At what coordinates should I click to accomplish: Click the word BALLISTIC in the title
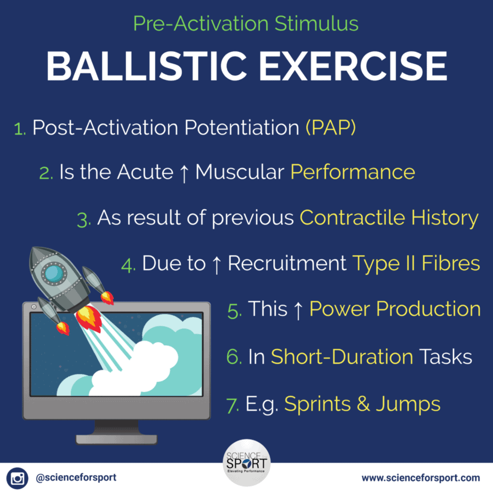tap(147, 66)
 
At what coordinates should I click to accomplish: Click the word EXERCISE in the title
tap(353, 66)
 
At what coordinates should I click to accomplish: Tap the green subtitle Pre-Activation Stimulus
tap(245, 23)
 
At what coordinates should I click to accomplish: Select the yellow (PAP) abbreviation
tap(331, 128)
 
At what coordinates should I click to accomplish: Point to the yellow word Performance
tap(353, 172)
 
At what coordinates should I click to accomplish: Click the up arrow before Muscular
tap(184, 173)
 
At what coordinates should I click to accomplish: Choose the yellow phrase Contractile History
tap(389, 218)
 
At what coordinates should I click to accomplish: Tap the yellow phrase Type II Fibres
tap(416, 264)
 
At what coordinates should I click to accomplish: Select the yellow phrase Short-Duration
tap(342, 357)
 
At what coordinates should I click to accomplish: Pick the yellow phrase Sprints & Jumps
tap(362, 404)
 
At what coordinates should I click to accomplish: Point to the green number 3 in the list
tap(84, 220)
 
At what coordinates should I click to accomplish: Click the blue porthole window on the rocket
tap(54, 273)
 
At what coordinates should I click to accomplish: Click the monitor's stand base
tap(116, 439)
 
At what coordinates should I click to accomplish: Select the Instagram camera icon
tap(17, 478)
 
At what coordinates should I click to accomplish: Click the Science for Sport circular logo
tap(247, 463)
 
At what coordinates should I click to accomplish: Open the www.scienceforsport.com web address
tap(420, 478)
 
